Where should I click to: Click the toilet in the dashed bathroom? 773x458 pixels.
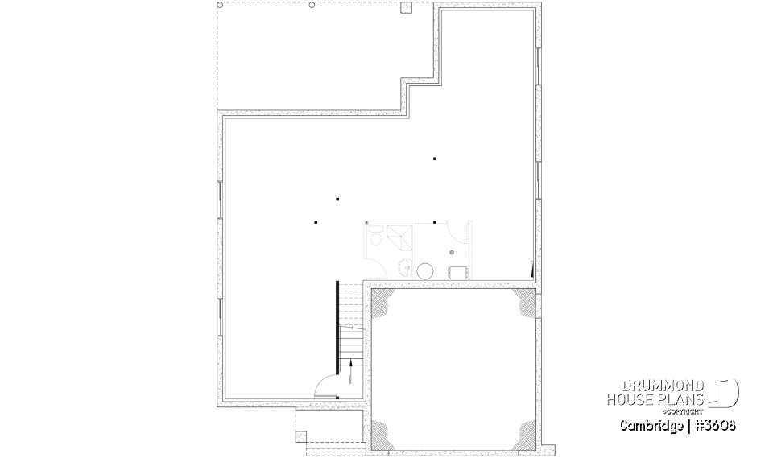[375, 238]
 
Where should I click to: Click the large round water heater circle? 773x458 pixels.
[425, 270]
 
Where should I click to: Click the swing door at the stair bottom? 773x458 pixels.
[326, 387]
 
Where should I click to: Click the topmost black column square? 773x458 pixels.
[435, 159]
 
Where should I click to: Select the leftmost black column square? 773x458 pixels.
[316, 221]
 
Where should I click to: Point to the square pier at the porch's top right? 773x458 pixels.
[406, 8]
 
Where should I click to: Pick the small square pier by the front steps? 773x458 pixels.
[301, 437]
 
